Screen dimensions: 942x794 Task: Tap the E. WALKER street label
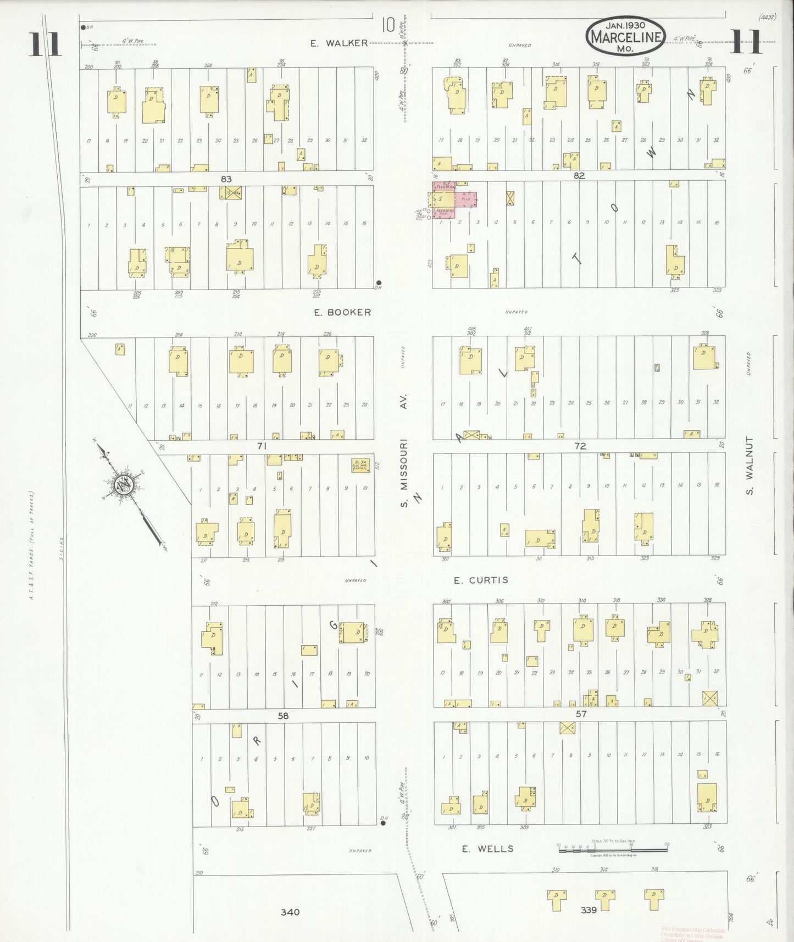(339, 43)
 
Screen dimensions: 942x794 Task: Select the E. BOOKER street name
(342, 312)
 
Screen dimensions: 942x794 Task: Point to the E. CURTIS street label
(481, 580)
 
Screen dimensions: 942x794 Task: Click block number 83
(226, 179)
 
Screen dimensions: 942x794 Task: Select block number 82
(579, 176)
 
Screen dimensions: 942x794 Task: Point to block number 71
(262, 446)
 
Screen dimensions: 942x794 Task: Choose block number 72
(580, 446)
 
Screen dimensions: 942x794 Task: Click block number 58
(283, 716)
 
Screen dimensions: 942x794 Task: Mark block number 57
(581, 714)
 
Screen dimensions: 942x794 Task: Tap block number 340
(290, 912)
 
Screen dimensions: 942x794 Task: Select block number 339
(588, 910)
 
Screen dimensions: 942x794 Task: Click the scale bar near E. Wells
(613, 849)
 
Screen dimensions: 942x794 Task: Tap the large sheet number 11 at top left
(44, 44)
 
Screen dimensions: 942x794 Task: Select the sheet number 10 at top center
(388, 25)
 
